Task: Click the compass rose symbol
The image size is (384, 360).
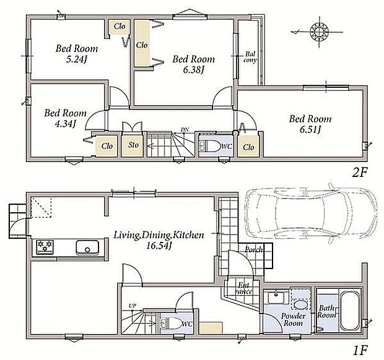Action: click(x=320, y=32)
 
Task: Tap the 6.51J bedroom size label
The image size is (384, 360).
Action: click(x=310, y=130)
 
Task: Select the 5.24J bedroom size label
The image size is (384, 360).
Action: click(x=77, y=59)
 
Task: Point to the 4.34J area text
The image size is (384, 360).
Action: click(x=65, y=124)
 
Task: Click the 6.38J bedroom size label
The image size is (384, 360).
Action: click(x=194, y=70)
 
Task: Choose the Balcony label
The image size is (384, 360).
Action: click(x=250, y=57)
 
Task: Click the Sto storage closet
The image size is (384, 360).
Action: click(x=133, y=145)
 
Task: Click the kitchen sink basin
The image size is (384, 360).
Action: click(x=87, y=247)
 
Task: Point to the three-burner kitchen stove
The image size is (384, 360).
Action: click(x=45, y=247)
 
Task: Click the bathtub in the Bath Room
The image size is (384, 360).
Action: click(x=350, y=311)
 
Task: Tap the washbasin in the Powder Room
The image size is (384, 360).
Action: click(x=276, y=298)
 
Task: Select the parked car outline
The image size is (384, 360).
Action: click(x=311, y=216)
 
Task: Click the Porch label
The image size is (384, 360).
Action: click(x=254, y=249)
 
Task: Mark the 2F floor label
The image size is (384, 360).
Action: click(x=359, y=173)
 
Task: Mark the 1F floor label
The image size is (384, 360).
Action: click(x=360, y=351)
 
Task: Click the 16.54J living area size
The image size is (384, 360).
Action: click(x=158, y=246)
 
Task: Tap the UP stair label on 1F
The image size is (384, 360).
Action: click(x=133, y=306)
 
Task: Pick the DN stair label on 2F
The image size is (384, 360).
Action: click(x=185, y=129)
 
